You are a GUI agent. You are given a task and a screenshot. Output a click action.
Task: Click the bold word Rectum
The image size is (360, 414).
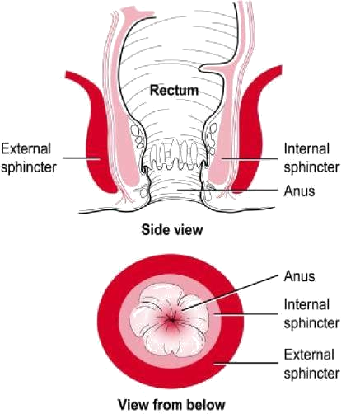coord(174,91)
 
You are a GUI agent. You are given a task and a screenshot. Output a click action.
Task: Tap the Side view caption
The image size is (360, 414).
coord(172,229)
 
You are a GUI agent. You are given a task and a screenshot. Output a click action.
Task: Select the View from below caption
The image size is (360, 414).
coord(171,405)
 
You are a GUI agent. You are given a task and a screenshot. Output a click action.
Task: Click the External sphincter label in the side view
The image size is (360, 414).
coord(29,158)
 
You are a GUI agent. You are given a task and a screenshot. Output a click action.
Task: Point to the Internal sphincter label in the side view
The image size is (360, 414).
coord(311,158)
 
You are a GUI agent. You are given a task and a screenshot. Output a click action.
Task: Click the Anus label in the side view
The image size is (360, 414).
coord(299,191)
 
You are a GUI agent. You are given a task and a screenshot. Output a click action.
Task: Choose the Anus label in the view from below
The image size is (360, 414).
coord(299,276)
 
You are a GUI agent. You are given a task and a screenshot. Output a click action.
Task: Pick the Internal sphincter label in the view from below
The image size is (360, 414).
coord(311,313)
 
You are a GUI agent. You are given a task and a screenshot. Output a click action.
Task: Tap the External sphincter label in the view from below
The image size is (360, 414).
coord(311,364)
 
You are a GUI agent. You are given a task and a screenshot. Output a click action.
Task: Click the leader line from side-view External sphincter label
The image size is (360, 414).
coord(82,158)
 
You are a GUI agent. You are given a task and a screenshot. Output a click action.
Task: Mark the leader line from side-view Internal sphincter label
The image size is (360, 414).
coord(250,158)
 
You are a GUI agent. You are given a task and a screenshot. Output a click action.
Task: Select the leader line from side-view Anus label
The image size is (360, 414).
coord(227,190)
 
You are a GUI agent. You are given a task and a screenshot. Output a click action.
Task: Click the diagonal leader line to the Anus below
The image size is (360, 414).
coord(230,293)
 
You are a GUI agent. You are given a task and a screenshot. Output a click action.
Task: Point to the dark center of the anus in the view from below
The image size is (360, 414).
coord(171,319)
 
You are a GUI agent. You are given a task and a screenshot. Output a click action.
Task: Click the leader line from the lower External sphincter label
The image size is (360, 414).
coord(245,363)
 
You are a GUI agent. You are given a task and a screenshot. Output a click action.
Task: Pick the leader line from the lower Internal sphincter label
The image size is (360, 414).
coord(245,313)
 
